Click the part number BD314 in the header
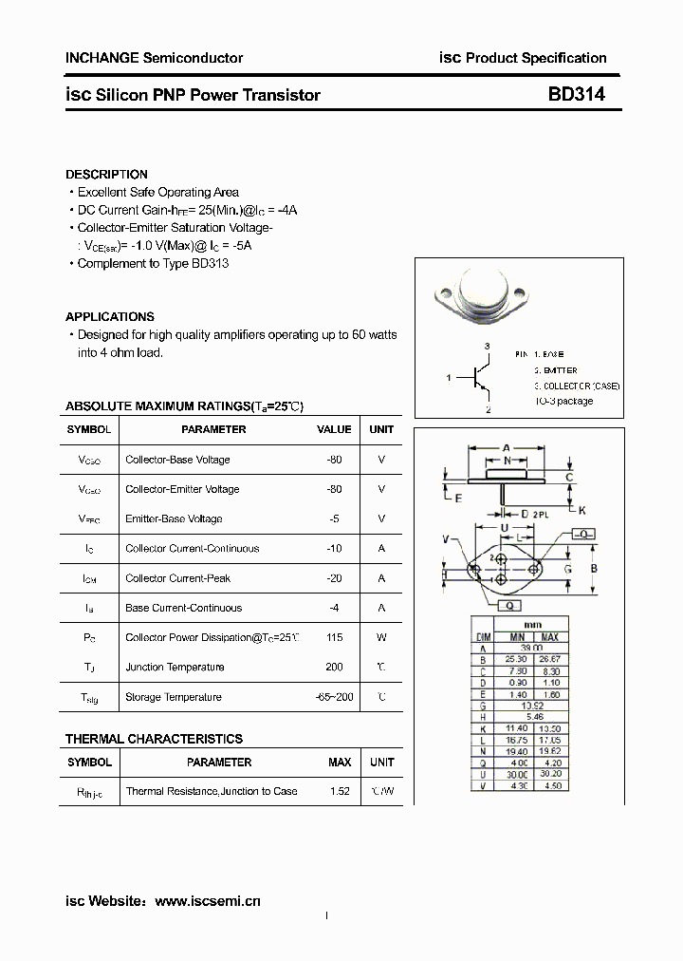tap(576, 94)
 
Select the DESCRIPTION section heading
tap(106, 175)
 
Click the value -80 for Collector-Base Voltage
tap(333, 460)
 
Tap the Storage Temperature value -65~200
tap(334, 697)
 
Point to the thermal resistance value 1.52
tap(339, 791)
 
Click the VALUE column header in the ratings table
tap(334, 429)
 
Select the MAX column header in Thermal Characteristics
tap(340, 762)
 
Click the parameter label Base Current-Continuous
tap(183, 608)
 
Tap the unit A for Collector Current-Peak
tap(381, 578)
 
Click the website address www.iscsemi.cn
tap(207, 900)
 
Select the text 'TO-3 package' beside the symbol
tap(563, 401)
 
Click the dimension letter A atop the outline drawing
tap(507, 446)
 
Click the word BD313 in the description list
tap(210, 263)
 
